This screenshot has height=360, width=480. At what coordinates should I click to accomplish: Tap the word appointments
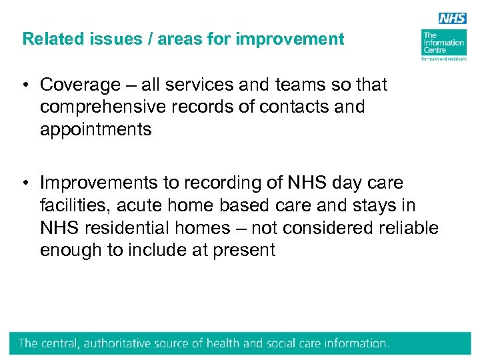click(96, 130)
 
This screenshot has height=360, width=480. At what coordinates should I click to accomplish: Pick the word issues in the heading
click(102, 39)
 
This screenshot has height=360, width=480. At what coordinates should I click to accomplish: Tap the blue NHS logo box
click(452, 18)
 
